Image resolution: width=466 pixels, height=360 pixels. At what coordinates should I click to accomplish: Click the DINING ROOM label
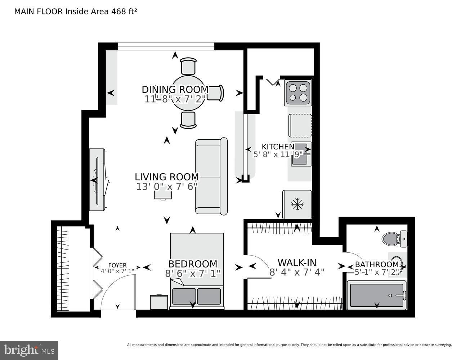(175, 89)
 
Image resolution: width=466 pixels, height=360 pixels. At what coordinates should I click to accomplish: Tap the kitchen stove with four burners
(298, 93)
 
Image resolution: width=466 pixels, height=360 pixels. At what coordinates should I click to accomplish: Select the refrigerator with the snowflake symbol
(297, 204)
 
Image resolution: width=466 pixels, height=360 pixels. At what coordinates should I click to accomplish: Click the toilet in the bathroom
(394, 239)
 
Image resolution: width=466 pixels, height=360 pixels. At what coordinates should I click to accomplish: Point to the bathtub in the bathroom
(377, 295)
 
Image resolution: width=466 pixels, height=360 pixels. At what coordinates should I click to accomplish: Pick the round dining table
(188, 93)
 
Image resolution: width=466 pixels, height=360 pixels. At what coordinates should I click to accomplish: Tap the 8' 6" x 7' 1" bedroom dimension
(193, 274)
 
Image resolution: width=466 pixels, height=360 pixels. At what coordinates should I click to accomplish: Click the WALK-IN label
(297, 263)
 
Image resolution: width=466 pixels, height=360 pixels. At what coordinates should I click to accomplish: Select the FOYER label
(117, 266)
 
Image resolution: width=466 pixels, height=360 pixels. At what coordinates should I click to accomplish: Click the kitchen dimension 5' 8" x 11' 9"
(278, 154)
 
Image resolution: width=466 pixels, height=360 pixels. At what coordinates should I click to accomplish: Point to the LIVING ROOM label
(167, 177)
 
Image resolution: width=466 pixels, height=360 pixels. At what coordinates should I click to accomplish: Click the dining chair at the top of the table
(188, 66)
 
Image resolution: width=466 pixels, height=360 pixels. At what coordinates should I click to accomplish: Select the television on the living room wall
(97, 180)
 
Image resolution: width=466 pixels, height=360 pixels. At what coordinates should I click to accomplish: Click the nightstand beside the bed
(159, 302)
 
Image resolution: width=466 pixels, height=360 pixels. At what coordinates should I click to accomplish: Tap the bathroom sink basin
(397, 265)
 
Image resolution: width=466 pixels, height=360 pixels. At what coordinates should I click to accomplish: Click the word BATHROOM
(377, 265)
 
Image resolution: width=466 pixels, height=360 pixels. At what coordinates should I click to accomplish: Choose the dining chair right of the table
(215, 93)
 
